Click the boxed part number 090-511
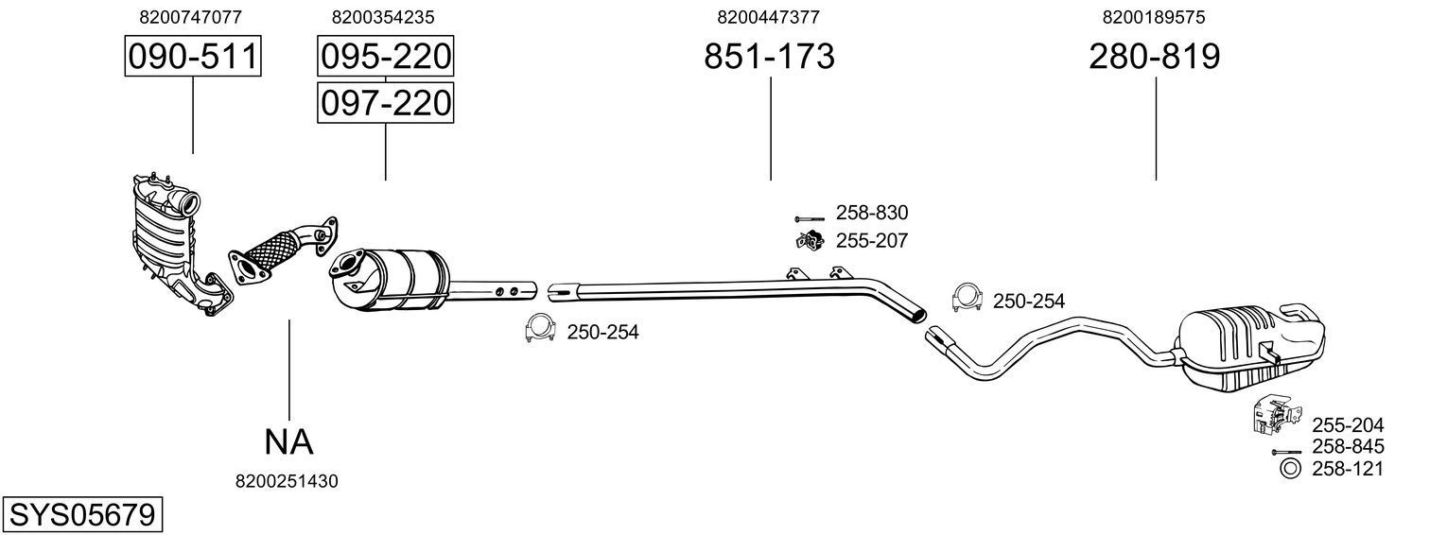pyautogui.click(x=193, y=58)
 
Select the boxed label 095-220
pyautogui.click(x=385, y=58)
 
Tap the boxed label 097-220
pyautogui.click(x=385, y=102)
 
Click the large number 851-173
pyautogui.click(x=769, y=58)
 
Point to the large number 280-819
pyautogui.click(x=1155, y=58)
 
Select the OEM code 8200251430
pyautogui.click(x=286, y=481)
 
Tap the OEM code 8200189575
pyautogui.click(x=1153, y=17)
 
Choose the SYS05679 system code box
pyautogui.click(x=81, y=515)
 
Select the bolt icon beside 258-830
pyautogui.click(x=810, y=216)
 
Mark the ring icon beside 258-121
pyautogui.click(x=1288, y=469)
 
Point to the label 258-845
pyautogui.click(x=1348, y=447)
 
